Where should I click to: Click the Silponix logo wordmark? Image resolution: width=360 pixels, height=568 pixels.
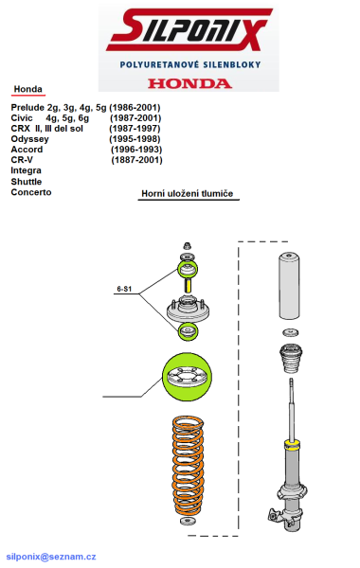pos(189,29)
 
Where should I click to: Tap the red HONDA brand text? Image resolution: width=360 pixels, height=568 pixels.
pos(189,83)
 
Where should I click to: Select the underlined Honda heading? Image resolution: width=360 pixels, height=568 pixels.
pos(27,89)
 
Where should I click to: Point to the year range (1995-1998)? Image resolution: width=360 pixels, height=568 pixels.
pos(135,139)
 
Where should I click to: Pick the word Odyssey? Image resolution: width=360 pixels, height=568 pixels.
pos(29,139)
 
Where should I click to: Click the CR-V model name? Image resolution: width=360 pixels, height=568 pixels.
pos(22,160)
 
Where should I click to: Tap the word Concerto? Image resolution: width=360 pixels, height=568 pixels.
pos(31,192)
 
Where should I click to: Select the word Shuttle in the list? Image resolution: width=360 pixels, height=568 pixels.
pos(27,182)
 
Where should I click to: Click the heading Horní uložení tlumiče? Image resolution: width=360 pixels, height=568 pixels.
pos(187,193)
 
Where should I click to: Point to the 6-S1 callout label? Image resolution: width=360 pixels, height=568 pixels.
pos(124,289)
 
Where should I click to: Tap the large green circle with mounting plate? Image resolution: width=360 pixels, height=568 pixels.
pos(187,378)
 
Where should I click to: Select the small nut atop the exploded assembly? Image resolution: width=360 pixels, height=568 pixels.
pos(187,245)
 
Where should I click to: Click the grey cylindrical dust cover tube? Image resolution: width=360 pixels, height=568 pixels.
pos(289,286)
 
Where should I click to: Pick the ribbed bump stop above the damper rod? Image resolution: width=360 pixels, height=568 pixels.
pos(291,359)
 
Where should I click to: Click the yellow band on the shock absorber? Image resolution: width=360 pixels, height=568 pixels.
pos(292,445)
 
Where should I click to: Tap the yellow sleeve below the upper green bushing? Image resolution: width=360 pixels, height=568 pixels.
pos(188,286)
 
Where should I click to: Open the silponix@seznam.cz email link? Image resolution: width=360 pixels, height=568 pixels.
pos(51,557)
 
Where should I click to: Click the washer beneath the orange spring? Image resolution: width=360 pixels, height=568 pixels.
pos(188,522)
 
